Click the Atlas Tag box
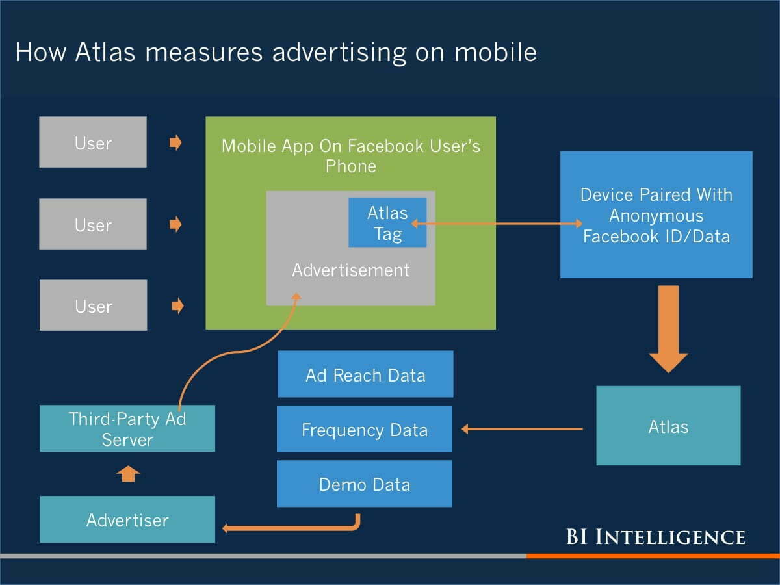(x=387, y=222)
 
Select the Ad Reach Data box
(x=365, y=374)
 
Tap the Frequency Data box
(x=365, y=429)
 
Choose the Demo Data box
(x=365, y=484)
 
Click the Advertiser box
(x=127, y=519)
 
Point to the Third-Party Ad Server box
(x=127, y=428)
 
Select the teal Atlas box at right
(x=668, y=426)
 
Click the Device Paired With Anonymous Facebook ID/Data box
(x=656, y=214)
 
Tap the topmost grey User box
(x=93, y=142)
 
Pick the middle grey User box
(x=93, y=224)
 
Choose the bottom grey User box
(x=93, y=305)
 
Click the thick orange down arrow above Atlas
(x=668, y=328)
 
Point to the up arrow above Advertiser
(x=128, y=474)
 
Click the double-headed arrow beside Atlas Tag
(x=497, y=224)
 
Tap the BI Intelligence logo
(x=655, y=537)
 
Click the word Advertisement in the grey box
(x=351, y=270)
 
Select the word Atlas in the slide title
(x=105, y=52)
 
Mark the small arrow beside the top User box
(x=175, y=143)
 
